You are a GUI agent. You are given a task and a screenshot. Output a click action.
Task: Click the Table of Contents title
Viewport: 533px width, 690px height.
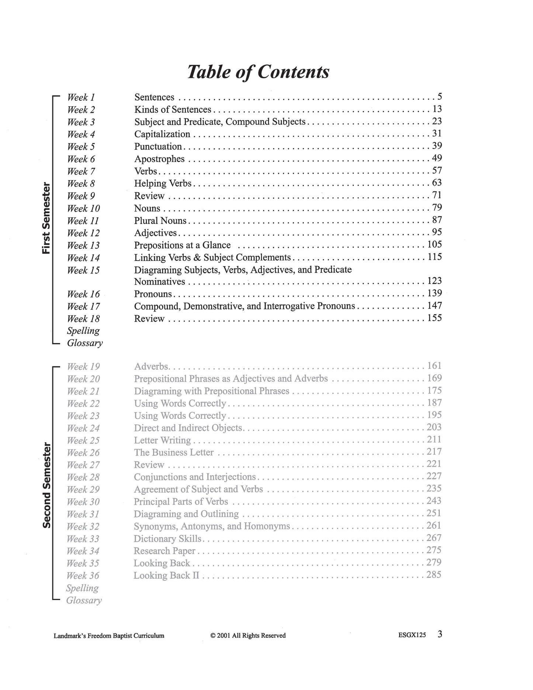pos(258,72)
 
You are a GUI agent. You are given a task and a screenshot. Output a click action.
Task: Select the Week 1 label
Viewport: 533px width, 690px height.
pos(81,97)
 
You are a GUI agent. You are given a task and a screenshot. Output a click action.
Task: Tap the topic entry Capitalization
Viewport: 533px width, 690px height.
pos(162,134)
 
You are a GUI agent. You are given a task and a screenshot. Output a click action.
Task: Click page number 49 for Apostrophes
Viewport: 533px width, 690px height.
pos(437,158)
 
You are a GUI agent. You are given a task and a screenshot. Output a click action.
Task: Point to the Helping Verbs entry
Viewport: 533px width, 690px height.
pos(163,183)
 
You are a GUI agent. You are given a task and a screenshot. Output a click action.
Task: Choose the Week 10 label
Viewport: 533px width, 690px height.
pos(83,208)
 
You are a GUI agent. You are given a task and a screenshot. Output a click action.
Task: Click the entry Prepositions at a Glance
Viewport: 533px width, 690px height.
pos(182,245)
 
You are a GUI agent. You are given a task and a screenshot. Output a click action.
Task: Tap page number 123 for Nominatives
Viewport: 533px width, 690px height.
pos(434,281)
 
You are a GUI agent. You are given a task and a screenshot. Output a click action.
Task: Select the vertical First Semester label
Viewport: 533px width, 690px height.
pos(46,218)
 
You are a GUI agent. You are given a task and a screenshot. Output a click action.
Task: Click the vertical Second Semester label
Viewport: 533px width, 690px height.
pos(46,485)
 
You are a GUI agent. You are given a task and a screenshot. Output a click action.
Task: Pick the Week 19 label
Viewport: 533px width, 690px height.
pos(83,367)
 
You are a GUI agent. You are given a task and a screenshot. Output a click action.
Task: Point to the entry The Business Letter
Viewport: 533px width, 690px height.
pos(174,452)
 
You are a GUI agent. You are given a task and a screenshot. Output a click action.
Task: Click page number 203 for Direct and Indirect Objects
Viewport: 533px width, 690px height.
pos(434,427)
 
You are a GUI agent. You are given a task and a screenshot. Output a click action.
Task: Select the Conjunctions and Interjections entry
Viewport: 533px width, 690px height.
pos(195,477)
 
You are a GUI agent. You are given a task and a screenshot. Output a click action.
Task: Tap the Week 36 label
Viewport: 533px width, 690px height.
pos(83,576)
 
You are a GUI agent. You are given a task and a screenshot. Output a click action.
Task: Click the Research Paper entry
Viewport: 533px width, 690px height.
pos(165,551)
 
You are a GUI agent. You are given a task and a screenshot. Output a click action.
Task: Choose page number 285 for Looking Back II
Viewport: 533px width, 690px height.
pos(434,575)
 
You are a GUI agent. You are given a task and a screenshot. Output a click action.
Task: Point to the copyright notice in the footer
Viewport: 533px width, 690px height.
pos(248,635)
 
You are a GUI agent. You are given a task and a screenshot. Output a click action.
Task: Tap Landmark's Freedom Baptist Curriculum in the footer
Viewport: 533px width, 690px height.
pos(109,636)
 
